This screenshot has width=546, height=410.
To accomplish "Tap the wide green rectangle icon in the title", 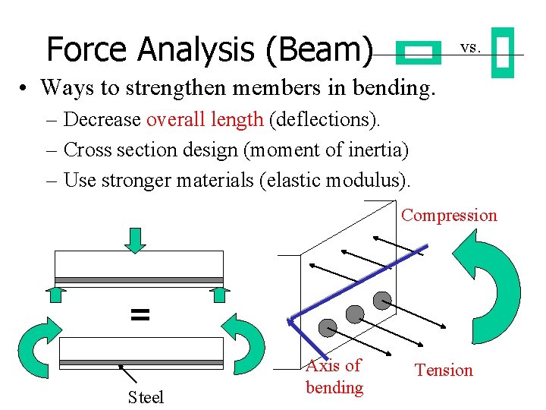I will pos(419,52).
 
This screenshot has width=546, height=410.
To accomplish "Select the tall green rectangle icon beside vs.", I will pos(502,53).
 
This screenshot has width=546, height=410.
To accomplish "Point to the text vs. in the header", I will pos(470,47).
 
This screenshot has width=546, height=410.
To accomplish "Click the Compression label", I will pos(449,215).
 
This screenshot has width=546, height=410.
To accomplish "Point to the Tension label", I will pos(443,370).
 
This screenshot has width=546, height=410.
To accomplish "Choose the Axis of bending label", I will pos(334,376).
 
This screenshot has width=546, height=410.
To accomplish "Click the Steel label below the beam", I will pos(146,397).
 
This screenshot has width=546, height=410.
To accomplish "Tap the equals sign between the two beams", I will pos(140,314).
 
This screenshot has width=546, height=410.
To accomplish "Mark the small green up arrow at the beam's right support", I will pos(218,294).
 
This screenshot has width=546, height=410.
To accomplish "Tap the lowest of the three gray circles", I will pos(327,328).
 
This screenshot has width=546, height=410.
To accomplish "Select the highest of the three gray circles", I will pos(382,300).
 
